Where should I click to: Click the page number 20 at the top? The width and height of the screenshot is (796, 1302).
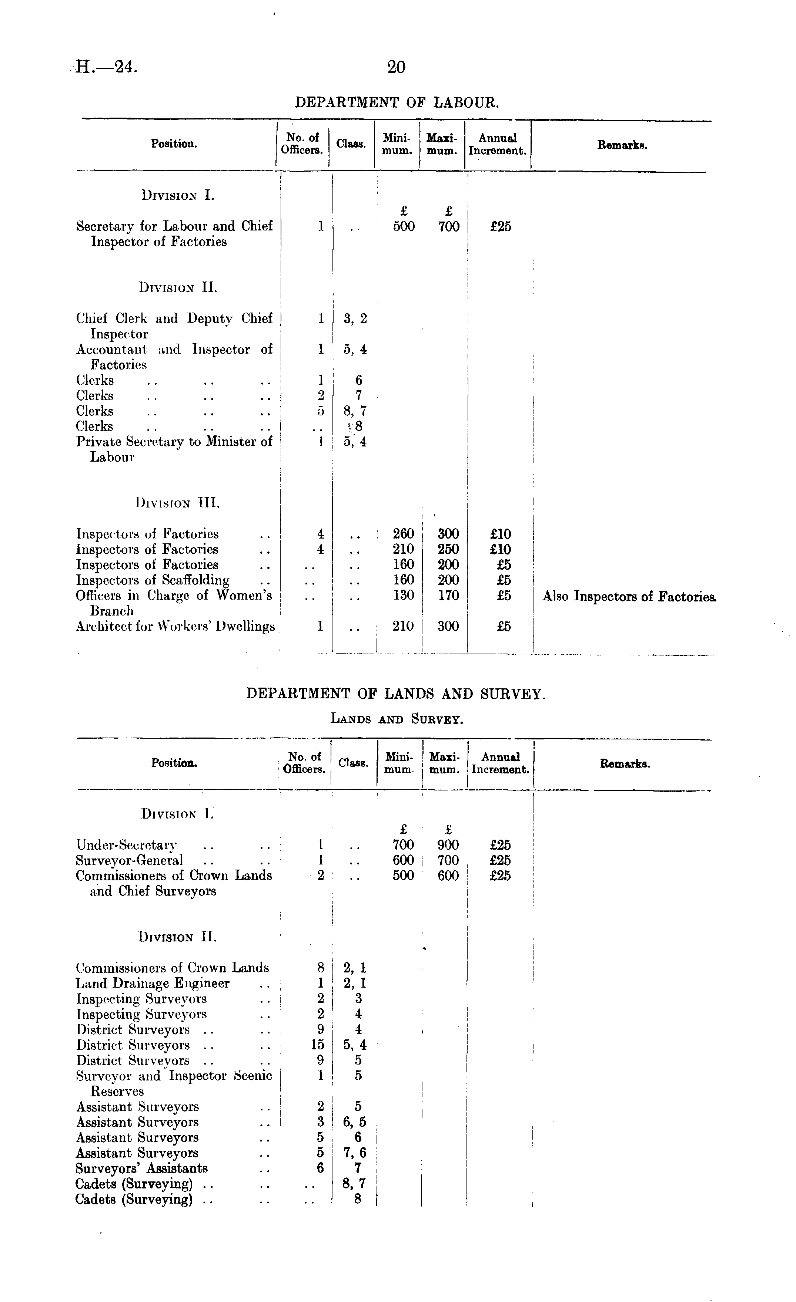(x=396, y=67)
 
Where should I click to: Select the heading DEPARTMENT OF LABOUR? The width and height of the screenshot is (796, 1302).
(x=397, y=102)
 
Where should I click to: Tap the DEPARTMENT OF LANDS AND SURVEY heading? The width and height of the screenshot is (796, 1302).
(x=396, y=693)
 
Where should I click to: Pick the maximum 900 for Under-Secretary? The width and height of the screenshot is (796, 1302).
(x=448, y=845)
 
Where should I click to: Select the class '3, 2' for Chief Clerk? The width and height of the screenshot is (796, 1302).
(x=355, y=318)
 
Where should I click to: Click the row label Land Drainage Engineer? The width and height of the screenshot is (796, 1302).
(x=153, y=984)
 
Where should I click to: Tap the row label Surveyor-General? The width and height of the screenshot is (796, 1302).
(x=130, y=860)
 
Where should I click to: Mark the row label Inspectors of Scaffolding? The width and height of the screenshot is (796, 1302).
(x=153, y=580)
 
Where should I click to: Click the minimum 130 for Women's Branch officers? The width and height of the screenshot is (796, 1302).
(x=404, y=596)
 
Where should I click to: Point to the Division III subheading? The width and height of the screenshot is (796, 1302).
(x=178, y=503)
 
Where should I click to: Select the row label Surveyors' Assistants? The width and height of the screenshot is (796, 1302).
(x=142, y=1168)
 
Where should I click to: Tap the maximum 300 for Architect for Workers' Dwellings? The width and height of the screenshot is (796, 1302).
(x=448, y=626)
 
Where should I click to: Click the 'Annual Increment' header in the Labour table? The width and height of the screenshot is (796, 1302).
(x=498, y=144)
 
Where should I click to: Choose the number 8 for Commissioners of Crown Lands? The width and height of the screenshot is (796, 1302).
(x=320, y=968)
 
